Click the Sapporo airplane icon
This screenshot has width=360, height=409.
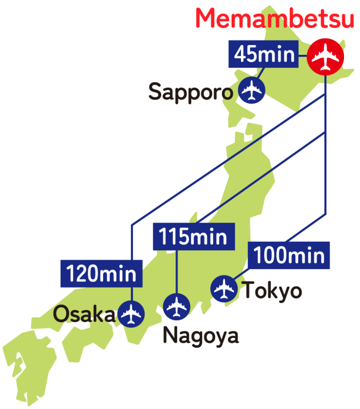click(x=252, y=90)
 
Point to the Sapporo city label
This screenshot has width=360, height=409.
click(x=190, y=92)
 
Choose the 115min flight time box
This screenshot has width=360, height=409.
click(x=193, y=236)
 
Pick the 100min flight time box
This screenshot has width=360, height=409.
click(x=289, y=255)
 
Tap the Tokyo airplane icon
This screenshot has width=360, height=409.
click(x=224, y=289)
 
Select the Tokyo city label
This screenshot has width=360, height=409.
click(x=272, y=291)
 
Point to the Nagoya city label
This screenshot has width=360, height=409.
click(x=201, y=335)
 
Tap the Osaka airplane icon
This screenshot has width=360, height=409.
click(x=131, y=314)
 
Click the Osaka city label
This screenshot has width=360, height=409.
click(x=83, y=314)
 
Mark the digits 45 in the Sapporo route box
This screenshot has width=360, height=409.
click(x=245, y=55)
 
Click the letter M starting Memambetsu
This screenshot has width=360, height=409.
click(x=207, y=19)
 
